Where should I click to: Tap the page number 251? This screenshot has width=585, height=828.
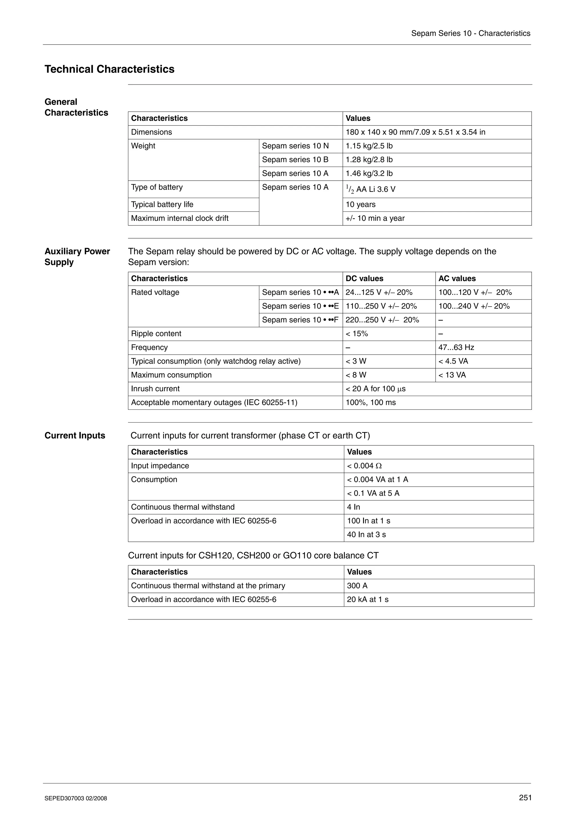click(x=525, y=797)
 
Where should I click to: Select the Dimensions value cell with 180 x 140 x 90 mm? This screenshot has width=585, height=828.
click(x=415, y=132)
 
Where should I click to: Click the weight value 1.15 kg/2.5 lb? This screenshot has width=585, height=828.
click(x=369, y=146)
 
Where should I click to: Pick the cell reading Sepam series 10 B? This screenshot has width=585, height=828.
click(x=295, y=159)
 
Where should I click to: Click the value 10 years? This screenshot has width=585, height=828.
click(x=360, y=205)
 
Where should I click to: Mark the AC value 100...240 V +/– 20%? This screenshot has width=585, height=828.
click(x=474, y=306)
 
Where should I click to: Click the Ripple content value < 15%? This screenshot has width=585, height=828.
click(x=357, y=334)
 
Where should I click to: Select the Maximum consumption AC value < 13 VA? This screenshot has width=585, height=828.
click(x=452, y=375)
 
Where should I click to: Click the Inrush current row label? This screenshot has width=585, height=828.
click(x=155, y=389)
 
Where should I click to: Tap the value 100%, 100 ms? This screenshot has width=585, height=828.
click(x=370, y=403)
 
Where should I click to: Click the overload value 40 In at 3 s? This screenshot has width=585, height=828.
click(x=366, y=535)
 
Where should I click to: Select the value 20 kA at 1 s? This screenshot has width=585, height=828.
click(x=368, y=599)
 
